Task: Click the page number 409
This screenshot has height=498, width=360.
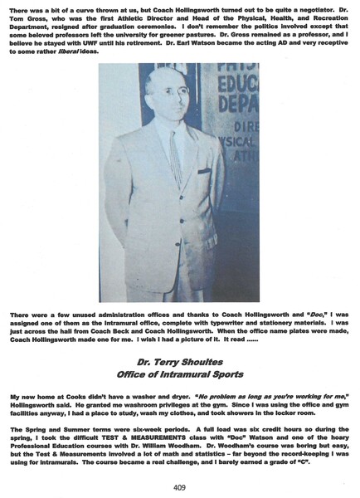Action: tap(180, 486)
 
